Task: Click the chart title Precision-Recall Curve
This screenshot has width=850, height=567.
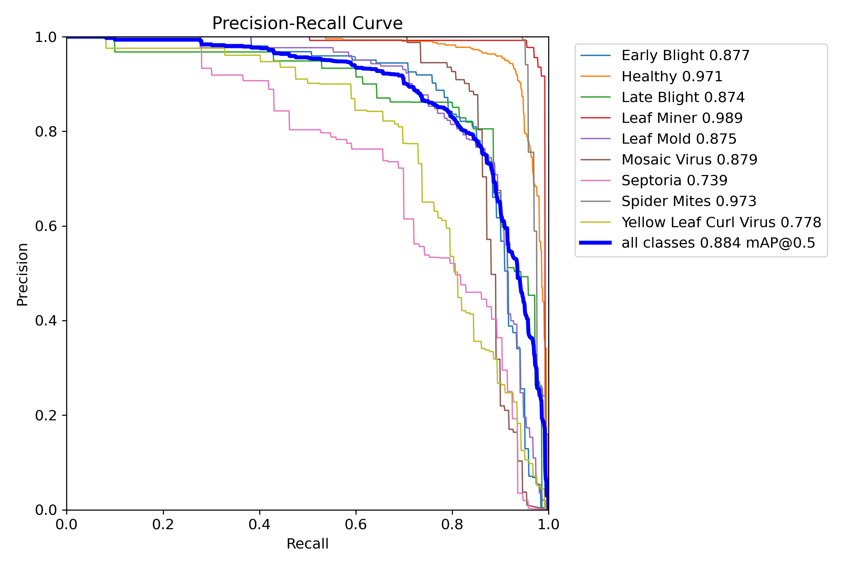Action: coord(307,23)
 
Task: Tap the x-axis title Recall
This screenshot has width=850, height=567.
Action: coord(307,544)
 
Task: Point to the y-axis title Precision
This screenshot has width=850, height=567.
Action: coord(23,274)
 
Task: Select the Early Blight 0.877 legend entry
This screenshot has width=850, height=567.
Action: coord(685,56)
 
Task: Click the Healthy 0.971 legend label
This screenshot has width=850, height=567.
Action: coord(672,76)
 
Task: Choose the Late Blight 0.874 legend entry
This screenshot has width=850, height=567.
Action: coord(683,97)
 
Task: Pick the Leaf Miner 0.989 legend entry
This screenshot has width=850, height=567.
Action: coord(682,118)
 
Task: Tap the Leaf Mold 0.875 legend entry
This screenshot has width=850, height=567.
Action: coord(679,139)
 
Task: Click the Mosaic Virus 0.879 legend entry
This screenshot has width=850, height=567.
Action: coord(689,160)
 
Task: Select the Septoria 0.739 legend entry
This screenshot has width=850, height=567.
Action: coord(674,180)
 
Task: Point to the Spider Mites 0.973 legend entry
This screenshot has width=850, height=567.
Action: coord(689,201)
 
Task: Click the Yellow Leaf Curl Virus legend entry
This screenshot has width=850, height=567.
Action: coord(721,222)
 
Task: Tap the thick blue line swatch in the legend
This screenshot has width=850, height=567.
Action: coord(595,243)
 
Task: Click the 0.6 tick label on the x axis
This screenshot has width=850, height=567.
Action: coord(355,524)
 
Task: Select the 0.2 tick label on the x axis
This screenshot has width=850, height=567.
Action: coord(163,524)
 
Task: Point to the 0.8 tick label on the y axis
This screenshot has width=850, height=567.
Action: coord(46,132)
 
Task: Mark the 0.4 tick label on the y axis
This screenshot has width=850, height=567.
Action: coord(46,321)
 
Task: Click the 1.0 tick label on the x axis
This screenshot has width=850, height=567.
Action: coord(548,524)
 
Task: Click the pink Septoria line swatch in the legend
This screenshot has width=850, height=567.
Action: coord(595,180)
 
